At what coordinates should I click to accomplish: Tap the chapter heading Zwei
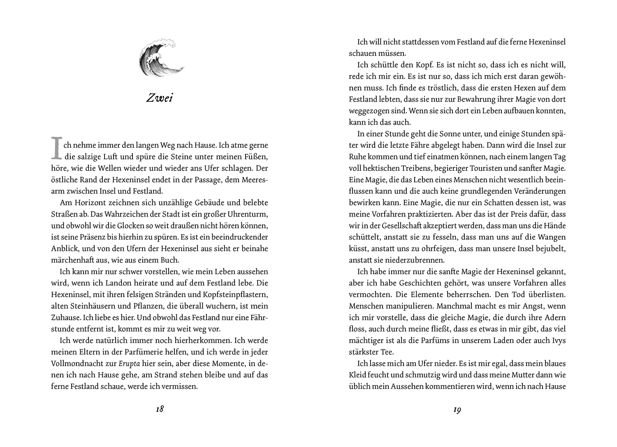(160, 98)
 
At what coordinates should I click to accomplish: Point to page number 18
(160, 410)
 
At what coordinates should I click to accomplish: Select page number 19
(457, 410)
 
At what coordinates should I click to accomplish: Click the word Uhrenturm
(248, 214)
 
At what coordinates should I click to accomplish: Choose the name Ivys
(558, 340)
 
